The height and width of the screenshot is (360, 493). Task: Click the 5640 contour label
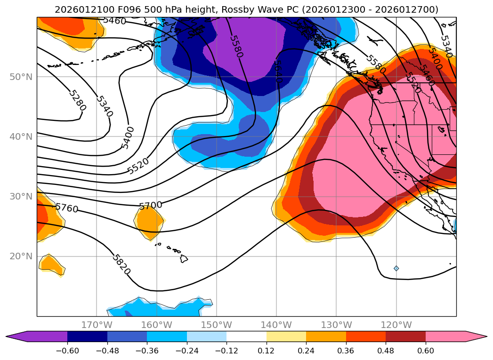(277, 72)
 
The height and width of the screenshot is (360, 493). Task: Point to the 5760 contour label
(67, 208)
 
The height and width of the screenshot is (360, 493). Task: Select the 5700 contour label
(151, 205)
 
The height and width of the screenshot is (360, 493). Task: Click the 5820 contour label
(121, 264)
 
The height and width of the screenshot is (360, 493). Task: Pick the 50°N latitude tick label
(21, 77)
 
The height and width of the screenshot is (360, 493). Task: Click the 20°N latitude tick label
(21, 256)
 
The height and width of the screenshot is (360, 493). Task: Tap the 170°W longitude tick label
(97, 325)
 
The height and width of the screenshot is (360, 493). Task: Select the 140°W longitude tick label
(276, 325)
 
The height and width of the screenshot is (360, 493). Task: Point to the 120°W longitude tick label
(396, 325)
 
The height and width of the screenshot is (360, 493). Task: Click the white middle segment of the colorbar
(246, 336)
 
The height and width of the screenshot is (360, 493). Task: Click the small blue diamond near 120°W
(396, 268)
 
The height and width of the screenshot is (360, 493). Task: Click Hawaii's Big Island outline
(184, 258)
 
